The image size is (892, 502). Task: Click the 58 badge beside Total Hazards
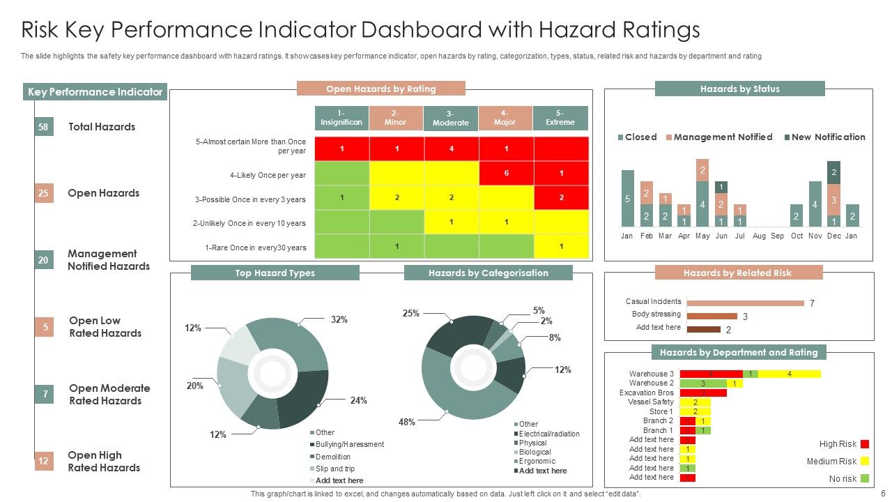(x=43, y=127)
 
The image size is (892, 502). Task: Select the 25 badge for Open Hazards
(x=43, y=193)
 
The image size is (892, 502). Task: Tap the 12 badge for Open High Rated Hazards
(x=43, y=461)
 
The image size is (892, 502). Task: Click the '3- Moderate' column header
(x=451, y=119)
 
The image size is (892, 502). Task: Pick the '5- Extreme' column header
(x=560, y=118)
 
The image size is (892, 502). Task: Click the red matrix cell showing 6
(x=506, y=173)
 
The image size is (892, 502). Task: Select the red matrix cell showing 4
(x=452, y=149)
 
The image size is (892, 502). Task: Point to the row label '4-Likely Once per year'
(x=268, y=175)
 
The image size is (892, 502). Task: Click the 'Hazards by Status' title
(x=739, y=89)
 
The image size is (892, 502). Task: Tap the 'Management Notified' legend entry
(x=723, y=137)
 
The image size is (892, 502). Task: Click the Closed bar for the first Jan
(x=627, y=198)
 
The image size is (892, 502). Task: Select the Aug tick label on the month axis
(x=759, y=236)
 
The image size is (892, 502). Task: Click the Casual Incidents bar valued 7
(x=745, y=303)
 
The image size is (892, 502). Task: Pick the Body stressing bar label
(x=656, y=314)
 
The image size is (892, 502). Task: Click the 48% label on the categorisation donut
(x=407, y=422)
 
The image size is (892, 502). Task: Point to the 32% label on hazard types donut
(x=339, y=319)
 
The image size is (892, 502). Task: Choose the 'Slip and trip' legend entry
(x=334, y=469)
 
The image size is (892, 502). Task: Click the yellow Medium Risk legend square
(x=865, y=461)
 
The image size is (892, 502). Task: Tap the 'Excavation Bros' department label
(x=646, y=393)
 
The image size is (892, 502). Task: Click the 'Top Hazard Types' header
(x=275, y=273)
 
